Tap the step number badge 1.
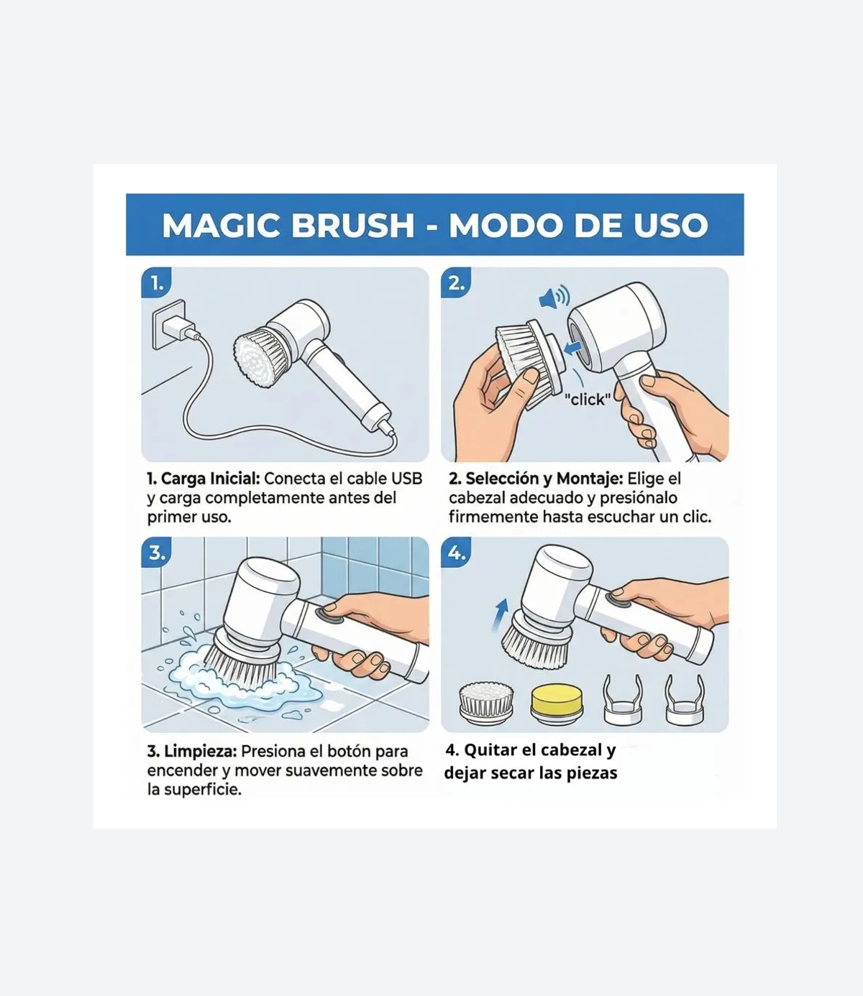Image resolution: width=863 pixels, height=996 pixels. pyautogui.click(x=156, y=282)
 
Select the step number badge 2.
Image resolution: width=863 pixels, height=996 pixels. pyautogui.click(x=456, y=282)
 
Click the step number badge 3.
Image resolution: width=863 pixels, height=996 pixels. pyautogui.click(x=156, y=552)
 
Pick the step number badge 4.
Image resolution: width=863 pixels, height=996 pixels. pyautogui.click(x=456, y=552)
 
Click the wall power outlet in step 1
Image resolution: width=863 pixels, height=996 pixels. pyautogui.click(x=169, y=324)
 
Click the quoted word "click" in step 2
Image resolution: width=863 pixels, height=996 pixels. pyautogui.click(x=588, y=400)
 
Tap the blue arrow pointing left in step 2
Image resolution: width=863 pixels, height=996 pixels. pyautogui.click(x=573, y=348)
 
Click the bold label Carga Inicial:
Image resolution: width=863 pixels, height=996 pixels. pyautogui.click(x=211, y=479)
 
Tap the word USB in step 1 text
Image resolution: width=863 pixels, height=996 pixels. pyautogui.click(x=406, y=479)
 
